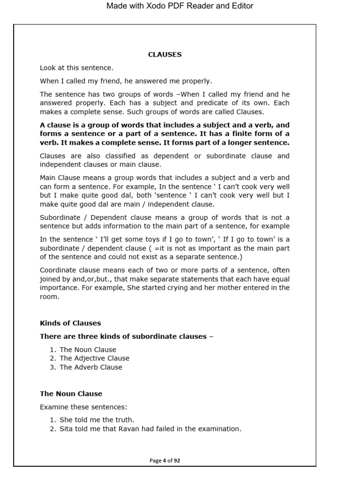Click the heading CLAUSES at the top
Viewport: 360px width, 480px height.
coord(165,54)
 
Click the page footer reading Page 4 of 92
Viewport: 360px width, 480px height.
coord(165,460)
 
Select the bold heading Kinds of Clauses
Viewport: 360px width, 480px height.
coord(70,323)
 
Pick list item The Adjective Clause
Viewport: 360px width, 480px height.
coord(94,358)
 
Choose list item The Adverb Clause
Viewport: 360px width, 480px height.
coord(91,367)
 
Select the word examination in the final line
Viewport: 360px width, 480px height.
coord(218,428)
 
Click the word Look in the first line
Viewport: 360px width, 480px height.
coord(48,67)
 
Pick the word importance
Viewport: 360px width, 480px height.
coord(59,287)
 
